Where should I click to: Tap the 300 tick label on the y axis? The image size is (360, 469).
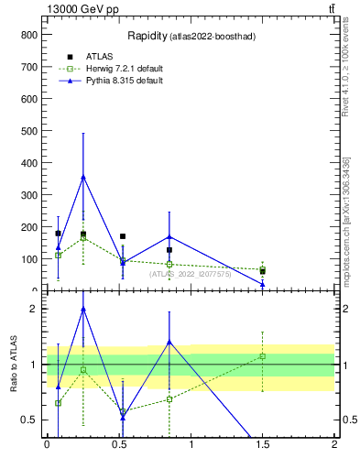(28, 194)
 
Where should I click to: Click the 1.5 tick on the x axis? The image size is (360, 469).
(262, 444)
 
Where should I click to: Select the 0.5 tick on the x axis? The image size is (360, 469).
(118, 444)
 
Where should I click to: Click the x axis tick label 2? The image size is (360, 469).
(334, 444)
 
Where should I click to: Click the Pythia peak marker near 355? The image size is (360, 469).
(83, 177)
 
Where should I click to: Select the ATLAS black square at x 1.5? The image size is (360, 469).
(262, 271)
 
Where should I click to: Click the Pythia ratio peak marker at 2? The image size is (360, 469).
(83, 310)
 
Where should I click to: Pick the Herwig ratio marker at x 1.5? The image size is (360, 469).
(262, 356)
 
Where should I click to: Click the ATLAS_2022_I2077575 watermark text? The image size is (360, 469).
(190, 274)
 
